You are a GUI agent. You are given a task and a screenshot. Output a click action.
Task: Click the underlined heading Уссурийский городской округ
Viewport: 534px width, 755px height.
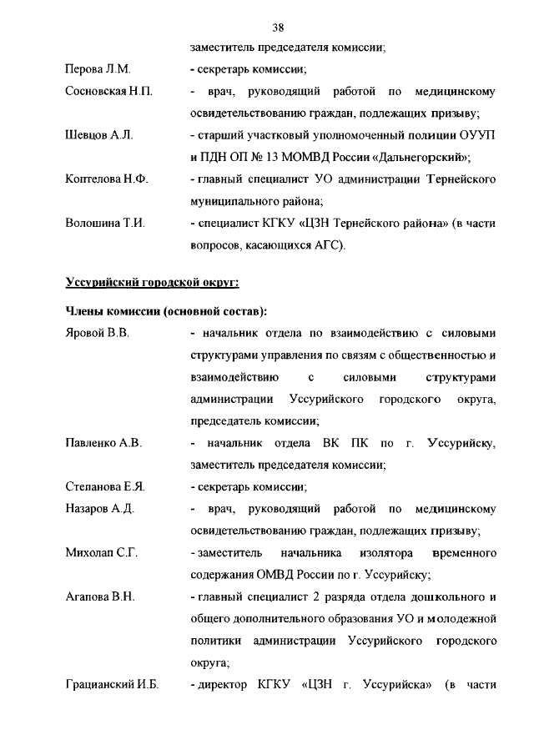[x=152, y=283]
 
